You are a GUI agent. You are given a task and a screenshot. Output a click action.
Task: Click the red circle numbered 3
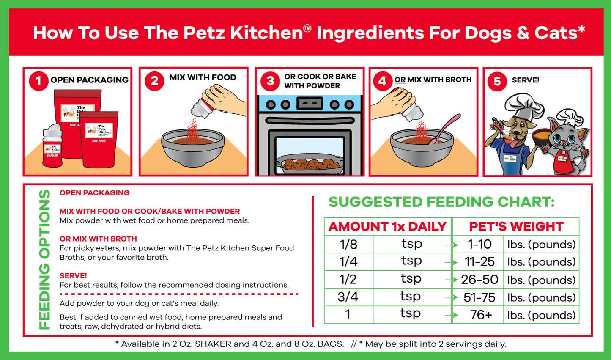pos(270,81)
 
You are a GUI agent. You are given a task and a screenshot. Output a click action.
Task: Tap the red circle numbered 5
pos(497,81)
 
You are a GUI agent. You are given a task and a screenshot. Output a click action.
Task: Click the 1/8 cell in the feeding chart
pos(348,244)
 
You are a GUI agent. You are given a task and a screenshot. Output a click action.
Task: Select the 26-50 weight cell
pos(479,280)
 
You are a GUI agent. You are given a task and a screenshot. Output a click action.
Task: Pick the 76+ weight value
pos(481,315)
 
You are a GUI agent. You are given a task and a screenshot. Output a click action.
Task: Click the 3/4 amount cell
pos(348,297)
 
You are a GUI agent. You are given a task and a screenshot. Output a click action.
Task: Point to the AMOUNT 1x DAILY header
pos(387,226)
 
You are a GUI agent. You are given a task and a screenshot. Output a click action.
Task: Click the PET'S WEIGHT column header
pos(516,226)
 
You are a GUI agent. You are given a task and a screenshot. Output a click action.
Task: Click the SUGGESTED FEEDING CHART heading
pos(441,202)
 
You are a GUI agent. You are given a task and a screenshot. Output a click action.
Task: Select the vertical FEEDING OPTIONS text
pos(44,259)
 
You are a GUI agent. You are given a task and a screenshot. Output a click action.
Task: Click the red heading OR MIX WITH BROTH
pos(98,239)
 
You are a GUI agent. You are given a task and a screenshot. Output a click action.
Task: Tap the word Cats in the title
pos(559,33)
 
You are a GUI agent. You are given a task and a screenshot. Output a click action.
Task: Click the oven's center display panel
pos(310,103)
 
